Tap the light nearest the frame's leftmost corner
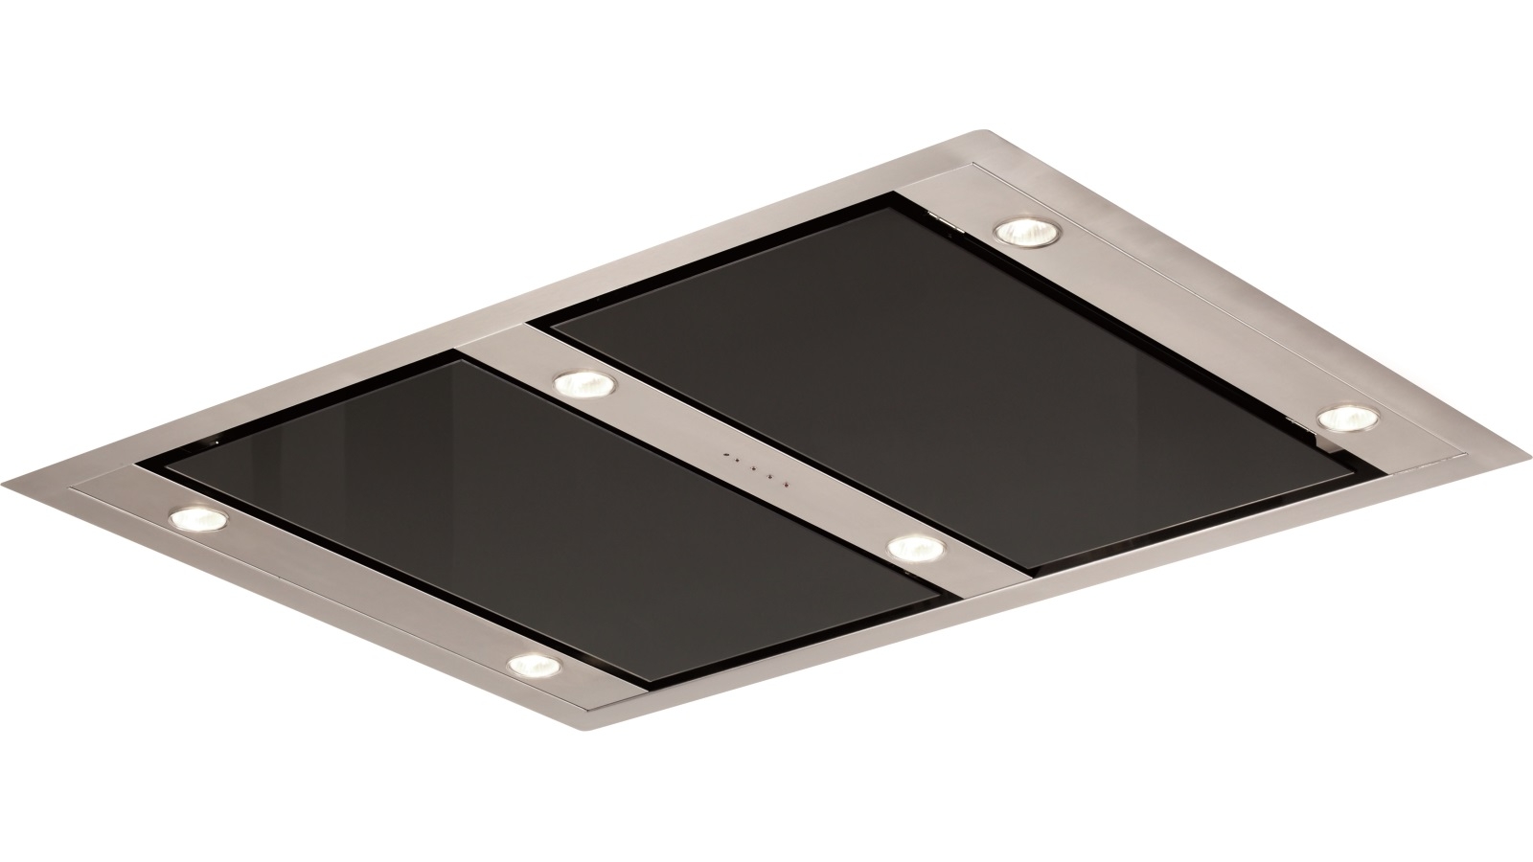point(199,519)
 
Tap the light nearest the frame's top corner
point(1022,233)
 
